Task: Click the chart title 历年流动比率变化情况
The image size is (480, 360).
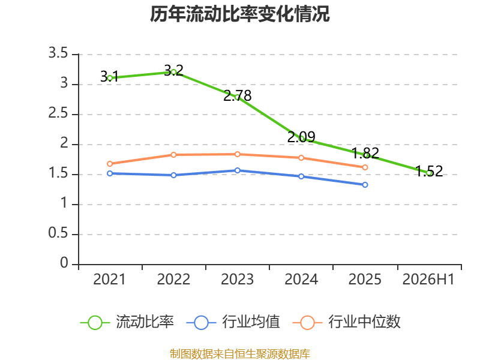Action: [x=239, y=14]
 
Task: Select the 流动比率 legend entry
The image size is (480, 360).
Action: [x=127, y=322]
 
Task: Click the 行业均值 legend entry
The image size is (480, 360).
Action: [x=233, y=322]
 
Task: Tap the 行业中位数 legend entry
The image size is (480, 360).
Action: [x=347, y=322]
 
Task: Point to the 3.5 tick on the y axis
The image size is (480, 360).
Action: [x=58, y=53]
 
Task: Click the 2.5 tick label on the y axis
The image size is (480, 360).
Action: [x=58, y=113]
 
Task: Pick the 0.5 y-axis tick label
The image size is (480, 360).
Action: [x=58, y=233]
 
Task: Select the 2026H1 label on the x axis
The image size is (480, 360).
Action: [x=428, y=280]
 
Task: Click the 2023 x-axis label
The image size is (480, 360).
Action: [x=237, y=280]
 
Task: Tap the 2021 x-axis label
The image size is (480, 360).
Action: [x=110, y=280]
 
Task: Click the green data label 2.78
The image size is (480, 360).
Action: [x=238, y=96]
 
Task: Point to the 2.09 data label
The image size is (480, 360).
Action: [x=301, y=137]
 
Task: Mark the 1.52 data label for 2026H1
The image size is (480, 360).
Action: [x=429, y=172]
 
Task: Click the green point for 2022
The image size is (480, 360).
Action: [x=173, y=72]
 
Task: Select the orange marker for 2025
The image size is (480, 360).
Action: [x=365, y=167]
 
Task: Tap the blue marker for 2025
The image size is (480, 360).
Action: [x=365, y=185]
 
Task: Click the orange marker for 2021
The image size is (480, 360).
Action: [x=110, y=164]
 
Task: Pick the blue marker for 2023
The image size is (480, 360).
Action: [x=237, y=170]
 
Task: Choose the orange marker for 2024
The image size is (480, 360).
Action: [x=301, y=158]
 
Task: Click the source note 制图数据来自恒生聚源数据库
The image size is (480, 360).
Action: [x=240, y=354]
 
